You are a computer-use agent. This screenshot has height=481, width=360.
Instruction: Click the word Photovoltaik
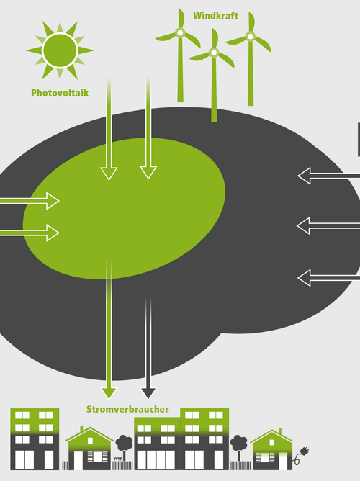(x=60, y=93)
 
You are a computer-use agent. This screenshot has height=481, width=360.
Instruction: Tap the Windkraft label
(x=215, y=16)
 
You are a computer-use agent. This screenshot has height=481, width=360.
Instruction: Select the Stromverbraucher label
(x=127, y=409)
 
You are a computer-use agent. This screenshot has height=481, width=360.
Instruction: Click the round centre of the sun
(x=60, y=50)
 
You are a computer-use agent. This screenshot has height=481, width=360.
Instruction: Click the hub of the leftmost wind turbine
(x=180, y=32)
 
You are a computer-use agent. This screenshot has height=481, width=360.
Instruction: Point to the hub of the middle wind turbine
(x=214, y=53)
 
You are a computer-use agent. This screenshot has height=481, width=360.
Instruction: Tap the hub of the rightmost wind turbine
(x=251, y=37)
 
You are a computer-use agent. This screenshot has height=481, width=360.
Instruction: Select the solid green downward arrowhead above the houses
(x=109, y=393)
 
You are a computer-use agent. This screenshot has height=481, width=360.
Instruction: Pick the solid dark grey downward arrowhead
(x=148, y=393)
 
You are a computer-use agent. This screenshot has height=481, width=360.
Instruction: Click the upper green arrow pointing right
(x=30, y=201)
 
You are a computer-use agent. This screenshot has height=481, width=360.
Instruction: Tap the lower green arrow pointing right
(x=30, y=233)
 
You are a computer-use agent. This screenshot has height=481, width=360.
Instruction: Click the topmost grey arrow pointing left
(x=329, y=176)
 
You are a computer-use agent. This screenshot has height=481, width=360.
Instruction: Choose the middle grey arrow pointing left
(x=328, y=226)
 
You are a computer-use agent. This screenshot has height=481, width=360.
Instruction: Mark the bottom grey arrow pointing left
(x=329, y=278)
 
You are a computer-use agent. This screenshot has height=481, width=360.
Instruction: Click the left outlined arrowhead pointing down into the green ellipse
(x=109, y=174)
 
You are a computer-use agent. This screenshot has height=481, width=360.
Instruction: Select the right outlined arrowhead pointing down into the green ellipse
(x=148, y=173)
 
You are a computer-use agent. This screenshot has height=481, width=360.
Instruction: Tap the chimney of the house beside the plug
(x=280, y=432)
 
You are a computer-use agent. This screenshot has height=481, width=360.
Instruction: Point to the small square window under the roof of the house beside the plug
(x=271, y=442)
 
